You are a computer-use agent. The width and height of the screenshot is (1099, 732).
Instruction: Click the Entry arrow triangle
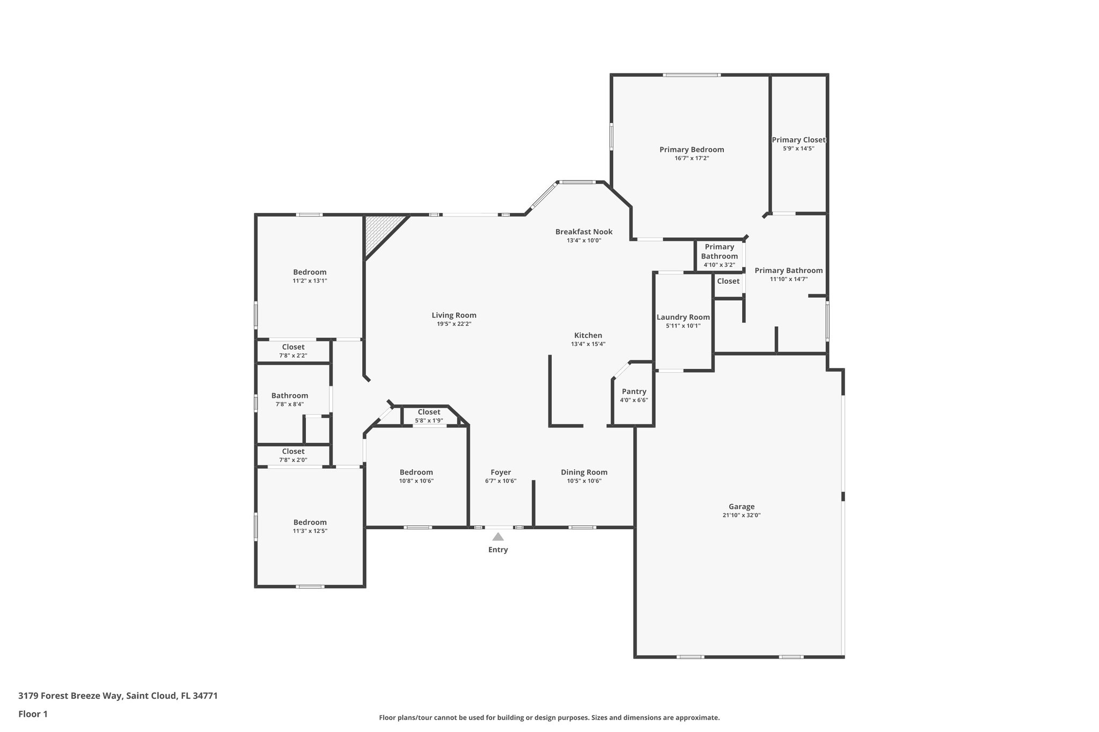click(x=498, y=537)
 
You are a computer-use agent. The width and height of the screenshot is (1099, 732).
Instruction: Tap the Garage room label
click(x=741, y=506)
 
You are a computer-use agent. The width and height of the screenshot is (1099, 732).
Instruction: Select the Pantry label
click(x=634, y=391)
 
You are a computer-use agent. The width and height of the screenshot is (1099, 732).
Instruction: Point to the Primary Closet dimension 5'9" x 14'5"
click(x=798, y=149)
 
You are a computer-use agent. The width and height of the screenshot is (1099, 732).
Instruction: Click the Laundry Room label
click(x=683, y=317)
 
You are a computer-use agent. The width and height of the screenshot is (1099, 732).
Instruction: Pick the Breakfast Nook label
click(x=583, y=232)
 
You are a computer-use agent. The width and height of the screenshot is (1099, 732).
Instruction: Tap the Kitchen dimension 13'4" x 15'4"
click(x=588, y=344)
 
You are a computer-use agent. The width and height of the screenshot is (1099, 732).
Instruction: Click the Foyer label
click(x=500, y=472)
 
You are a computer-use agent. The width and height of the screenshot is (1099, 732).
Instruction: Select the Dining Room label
click(x=584, y=472)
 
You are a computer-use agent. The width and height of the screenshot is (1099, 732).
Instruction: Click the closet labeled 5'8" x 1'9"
click(x=428, y=416)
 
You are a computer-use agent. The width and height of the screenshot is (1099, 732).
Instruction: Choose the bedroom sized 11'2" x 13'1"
click(x=310, y=276)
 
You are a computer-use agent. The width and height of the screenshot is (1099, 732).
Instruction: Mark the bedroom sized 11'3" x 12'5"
click(x=310, y=526)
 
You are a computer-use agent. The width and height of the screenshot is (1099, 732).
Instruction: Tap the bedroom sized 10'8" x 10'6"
click(x=416, y=476)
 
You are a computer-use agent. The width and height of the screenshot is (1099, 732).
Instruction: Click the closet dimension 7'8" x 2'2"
click(x=293, y=356)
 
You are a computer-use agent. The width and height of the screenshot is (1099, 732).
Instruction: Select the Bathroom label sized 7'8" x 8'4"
click(x=289, y=396)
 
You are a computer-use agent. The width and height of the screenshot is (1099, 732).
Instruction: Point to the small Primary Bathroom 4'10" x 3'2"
click(x=719, y=255)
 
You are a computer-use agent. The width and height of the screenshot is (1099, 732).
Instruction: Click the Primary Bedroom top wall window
click(x=691, y=75)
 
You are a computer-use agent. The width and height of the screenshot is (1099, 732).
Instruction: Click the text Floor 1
click(x=33, y=714)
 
